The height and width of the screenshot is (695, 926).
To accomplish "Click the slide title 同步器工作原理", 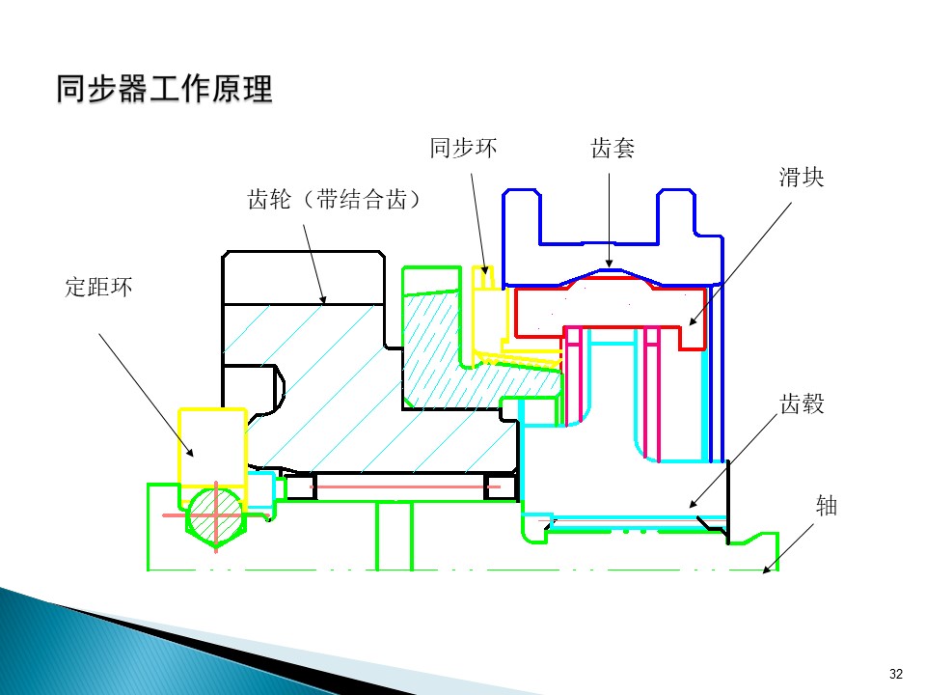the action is tap(164, 89).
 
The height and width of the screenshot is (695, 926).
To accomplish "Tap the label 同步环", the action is tap(464, 148).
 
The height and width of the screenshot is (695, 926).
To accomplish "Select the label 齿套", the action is tap(613, 149).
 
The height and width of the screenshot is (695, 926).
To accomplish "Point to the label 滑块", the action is tap(802, 178).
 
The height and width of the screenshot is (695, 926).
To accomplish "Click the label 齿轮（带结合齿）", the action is tap(335, 199).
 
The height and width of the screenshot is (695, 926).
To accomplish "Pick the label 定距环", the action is tap(98, 288).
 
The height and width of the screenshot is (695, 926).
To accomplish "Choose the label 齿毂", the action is tap(802, 404).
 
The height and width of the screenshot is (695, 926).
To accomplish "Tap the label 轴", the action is tap(827, 506).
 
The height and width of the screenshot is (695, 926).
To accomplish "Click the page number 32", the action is tap(896, 674).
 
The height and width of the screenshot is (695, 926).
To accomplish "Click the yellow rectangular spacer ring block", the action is tap(212, 447).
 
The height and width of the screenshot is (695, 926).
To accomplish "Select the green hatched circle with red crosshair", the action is tap(215, 515).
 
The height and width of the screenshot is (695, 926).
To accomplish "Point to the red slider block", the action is tap(610, 312).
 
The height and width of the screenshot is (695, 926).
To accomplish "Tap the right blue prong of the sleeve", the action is tap(676, 216).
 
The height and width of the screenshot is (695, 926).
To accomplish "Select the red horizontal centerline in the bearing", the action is tap(405, 486).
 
